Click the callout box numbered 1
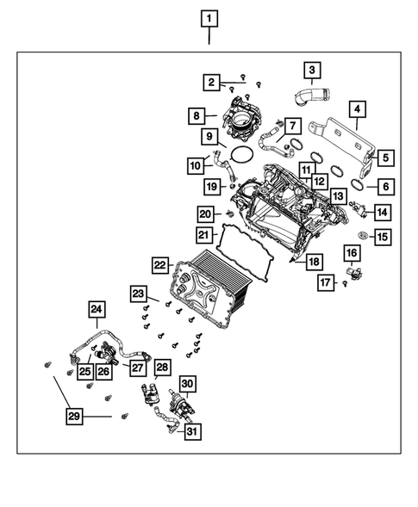pos(209,16)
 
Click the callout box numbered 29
pos(76,417)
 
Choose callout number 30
pos(188,382)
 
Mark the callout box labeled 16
pos(352,252)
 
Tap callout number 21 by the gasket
pos(203,234)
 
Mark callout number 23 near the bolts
pos(138,294)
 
